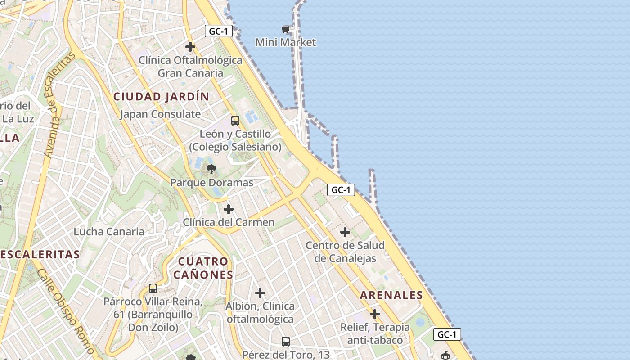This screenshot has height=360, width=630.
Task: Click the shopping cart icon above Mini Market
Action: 285,29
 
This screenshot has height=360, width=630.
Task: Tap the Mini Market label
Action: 286,42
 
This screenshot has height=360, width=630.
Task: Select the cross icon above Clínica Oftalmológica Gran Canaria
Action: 190,46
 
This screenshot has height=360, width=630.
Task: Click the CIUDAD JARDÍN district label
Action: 161,96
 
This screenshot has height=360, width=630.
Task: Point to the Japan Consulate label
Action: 160,114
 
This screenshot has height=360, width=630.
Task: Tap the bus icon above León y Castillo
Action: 235,120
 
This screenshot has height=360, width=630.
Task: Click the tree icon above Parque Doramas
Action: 211,170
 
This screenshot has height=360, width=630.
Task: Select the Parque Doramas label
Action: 211,183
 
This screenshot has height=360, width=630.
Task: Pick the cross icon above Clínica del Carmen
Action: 229,209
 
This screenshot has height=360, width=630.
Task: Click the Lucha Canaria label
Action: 109,232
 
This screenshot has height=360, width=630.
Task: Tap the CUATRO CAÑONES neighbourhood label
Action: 203,268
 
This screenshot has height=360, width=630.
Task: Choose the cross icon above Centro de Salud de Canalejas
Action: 345,232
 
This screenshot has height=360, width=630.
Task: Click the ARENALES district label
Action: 391,295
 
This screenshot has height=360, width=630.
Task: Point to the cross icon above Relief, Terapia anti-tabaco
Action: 375,314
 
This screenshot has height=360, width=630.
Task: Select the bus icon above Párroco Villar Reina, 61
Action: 153,288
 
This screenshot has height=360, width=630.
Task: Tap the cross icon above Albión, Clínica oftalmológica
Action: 260,293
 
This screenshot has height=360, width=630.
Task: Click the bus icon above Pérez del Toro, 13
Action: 286,342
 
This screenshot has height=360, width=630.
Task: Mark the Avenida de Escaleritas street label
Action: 59,105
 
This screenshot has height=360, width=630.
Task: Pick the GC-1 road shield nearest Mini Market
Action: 219,31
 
